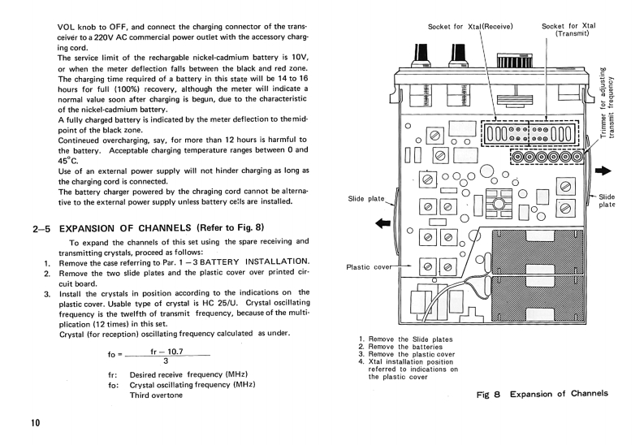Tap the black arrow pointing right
point(603,171)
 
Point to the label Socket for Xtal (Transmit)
point(568,29)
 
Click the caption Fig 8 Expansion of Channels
point(542,393)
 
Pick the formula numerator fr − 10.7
point(166,350)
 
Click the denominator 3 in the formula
point(165,361)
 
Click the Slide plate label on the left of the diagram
point(366,198)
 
